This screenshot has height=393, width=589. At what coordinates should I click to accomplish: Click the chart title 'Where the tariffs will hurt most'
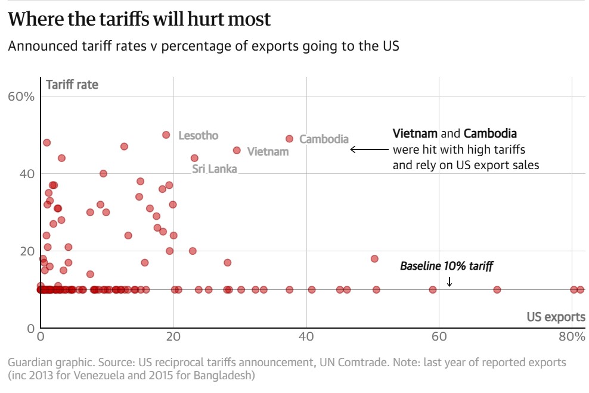click(139, 19)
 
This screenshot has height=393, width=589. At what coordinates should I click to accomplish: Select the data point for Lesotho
click(166, 135)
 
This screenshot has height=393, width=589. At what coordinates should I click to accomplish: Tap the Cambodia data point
click(290, 139)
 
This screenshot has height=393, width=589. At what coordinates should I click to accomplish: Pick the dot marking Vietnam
click(237, 151)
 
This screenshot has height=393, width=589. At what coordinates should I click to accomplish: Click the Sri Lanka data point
click(194, 158)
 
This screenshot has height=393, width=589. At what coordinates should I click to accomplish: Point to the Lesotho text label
click(199, 136)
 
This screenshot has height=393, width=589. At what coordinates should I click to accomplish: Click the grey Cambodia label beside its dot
click(324, 139)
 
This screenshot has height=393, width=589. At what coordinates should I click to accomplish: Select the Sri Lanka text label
click(214, 169)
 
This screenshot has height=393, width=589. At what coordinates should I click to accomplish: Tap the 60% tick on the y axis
click(21, 96)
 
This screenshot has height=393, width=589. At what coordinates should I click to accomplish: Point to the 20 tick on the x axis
click(173, 336)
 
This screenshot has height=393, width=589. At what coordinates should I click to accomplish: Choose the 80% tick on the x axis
click(571, 336)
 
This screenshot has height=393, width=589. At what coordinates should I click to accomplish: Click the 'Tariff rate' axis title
click(72, 85)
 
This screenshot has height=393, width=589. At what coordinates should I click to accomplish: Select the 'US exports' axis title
click(556, 317)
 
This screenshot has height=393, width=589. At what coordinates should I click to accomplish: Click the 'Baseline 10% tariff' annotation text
click(447, 266)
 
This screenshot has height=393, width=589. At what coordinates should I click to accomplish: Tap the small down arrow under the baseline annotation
click(449, 281)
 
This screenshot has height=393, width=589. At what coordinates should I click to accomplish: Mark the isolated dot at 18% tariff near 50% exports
click(374, 259)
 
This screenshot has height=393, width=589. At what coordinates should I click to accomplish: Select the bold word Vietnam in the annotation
click(415, 133)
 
